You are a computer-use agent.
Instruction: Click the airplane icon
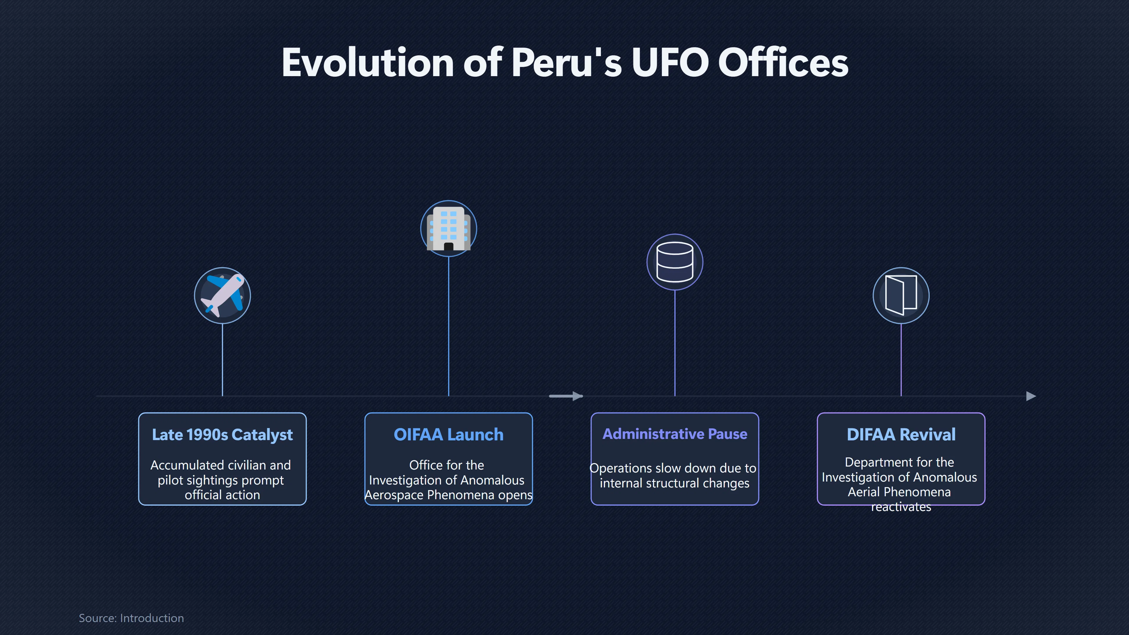(222, 295)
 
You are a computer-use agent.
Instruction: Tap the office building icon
(448, 228)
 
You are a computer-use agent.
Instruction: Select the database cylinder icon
(675, 262)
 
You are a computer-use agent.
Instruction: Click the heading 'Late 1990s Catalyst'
(222, 435)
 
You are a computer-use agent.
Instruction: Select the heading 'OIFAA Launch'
(448, 435)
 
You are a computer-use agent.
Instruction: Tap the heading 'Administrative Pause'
(675, 434)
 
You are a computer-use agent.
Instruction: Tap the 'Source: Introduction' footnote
(131, 618)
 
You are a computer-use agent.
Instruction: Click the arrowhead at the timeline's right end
(1031, 396)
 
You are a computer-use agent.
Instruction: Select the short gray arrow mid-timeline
(566, 396)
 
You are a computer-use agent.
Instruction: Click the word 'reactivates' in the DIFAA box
(901, 507)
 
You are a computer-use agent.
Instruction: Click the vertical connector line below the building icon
(448, 326)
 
